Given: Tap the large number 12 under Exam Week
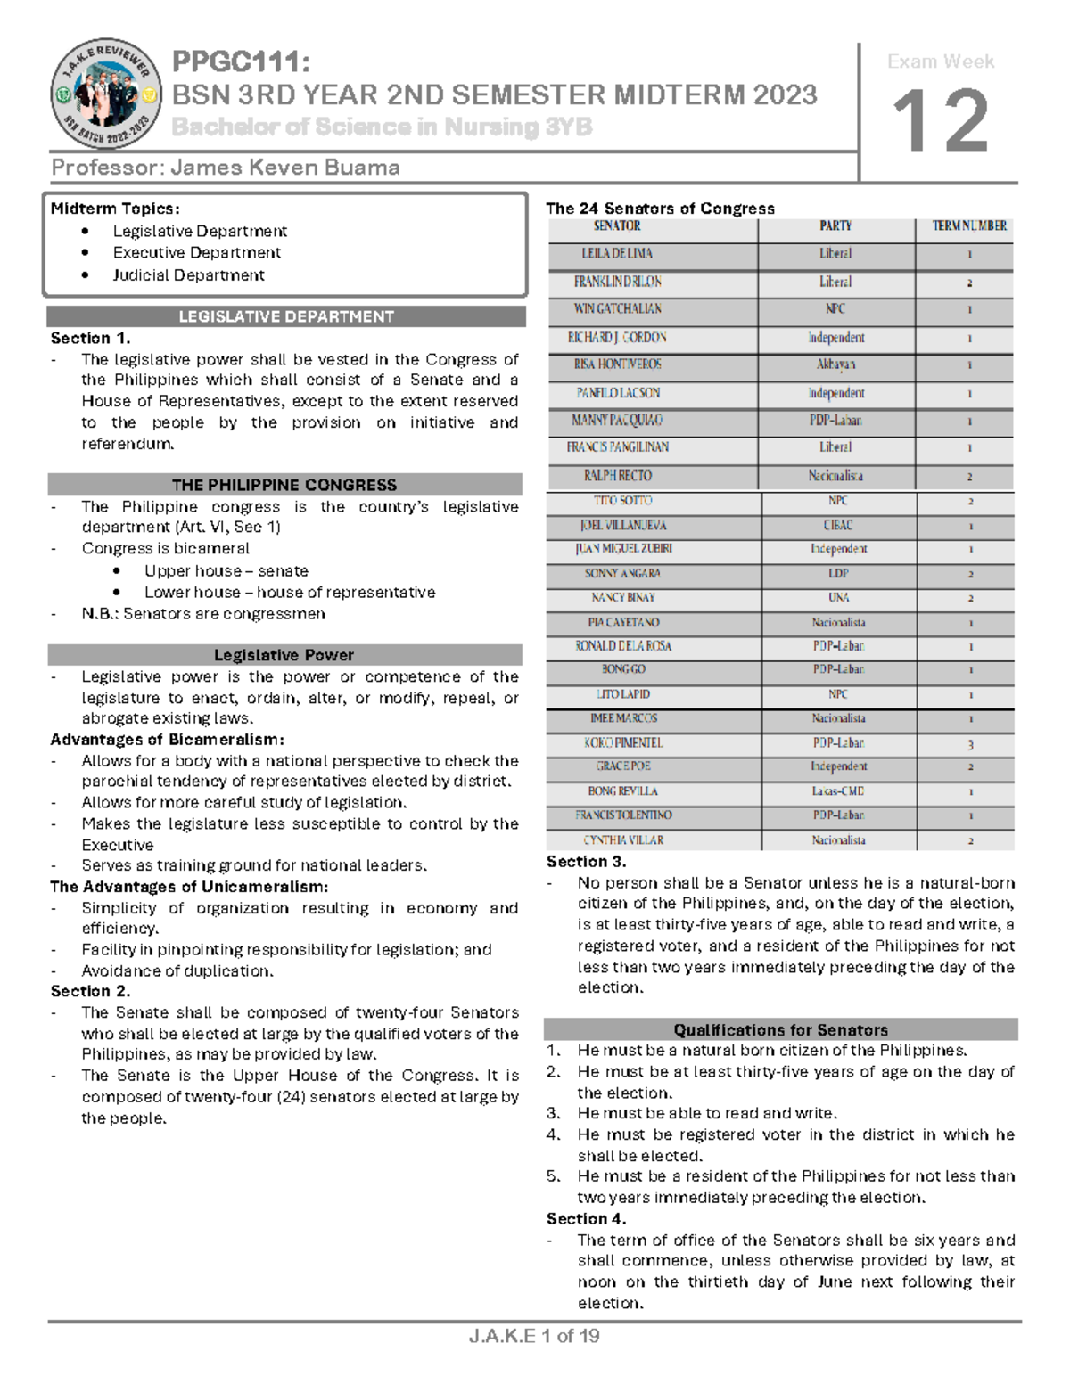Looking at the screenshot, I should tap(941, 122).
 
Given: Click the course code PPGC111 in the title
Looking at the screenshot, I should tap(241, 62).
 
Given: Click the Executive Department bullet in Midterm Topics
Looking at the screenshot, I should tap(196, 253).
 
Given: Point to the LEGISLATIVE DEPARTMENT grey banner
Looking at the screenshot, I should tap(285, 316).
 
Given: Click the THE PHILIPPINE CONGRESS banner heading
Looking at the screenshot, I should tap(284, 485).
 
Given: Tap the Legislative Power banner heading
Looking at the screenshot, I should tap(284, 655).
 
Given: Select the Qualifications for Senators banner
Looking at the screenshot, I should tap(780, 1029).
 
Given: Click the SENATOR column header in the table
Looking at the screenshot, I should tap(617, 226).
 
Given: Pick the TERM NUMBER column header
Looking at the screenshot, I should tap(969, 226).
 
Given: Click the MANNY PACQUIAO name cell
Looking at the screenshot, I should tap(617, 420).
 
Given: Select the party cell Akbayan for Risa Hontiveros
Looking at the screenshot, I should tap(835, 364).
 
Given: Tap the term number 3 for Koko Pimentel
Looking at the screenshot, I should tap(970, 744).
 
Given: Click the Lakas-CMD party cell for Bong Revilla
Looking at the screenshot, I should tap(837, 791).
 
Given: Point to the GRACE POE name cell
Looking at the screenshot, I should tap(622, 766).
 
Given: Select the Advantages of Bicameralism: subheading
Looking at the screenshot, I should tap(167, 740).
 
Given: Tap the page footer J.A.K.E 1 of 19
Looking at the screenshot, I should tap(534, 1336).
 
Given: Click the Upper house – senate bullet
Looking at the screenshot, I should tap(226, 570).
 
